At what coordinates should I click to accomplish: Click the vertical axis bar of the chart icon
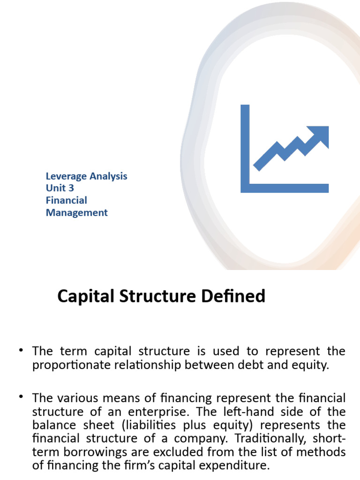pyautogui.click(x=245, y=145)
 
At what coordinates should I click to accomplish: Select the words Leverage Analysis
pyautogui.click(x=86, y=176)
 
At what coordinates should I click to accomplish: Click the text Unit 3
pyautogui.click(x=60, y=188)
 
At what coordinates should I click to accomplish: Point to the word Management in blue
pyautogui.click(x=76, y=213)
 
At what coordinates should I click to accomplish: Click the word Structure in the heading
pyautogui.click(x=159, y=297)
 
